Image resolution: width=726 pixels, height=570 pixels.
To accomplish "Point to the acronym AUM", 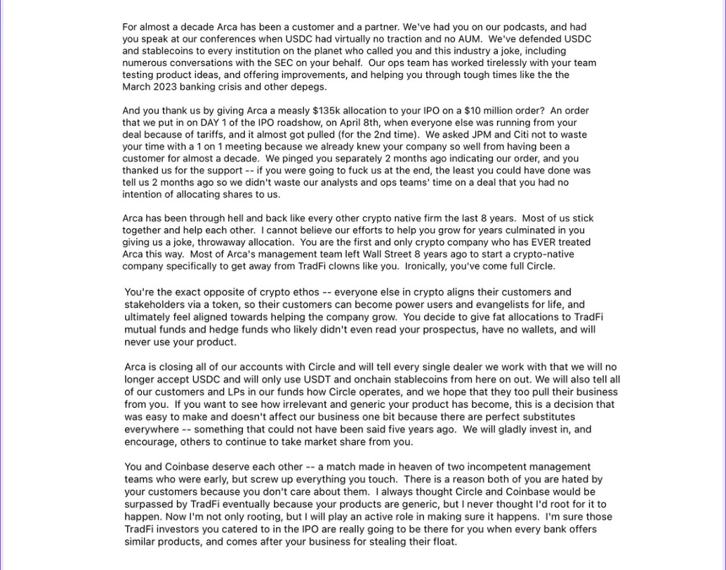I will tap(468, 39).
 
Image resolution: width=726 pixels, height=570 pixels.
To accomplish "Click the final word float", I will tap(444, 542).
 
